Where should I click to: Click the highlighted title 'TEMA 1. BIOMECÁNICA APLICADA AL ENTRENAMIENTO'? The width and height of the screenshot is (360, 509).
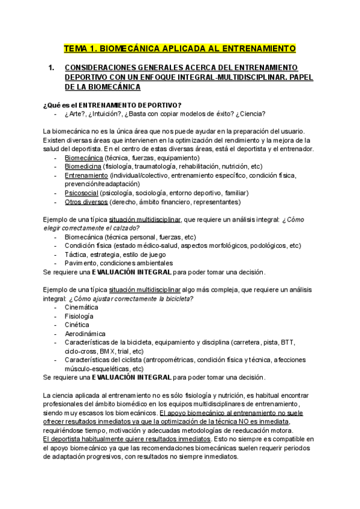180,47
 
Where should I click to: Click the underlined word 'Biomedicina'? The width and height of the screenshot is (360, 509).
83,166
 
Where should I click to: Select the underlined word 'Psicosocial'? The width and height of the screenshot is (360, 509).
82,193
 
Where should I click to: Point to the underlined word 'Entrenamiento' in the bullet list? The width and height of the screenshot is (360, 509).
86,175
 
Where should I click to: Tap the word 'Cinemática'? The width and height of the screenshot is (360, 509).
82,307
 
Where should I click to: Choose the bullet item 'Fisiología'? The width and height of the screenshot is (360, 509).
79,316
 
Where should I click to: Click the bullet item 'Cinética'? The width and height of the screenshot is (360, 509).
77,325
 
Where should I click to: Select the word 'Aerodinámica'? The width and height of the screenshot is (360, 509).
85,334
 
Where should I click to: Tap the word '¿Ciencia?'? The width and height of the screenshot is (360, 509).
250,113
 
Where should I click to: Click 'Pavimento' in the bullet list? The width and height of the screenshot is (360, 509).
82,263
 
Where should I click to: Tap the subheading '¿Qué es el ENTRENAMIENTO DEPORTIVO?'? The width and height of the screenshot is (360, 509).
113,105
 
